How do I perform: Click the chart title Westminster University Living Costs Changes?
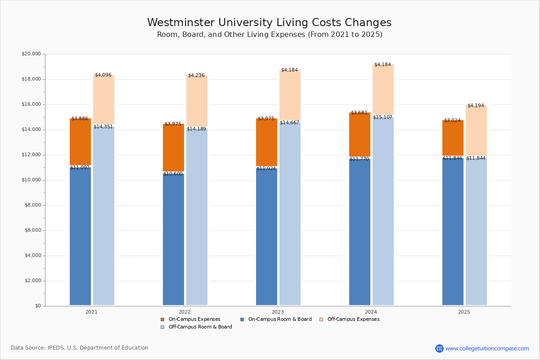269,23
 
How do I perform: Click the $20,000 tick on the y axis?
31,54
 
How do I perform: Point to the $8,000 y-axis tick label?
32,205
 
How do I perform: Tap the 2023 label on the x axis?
278,312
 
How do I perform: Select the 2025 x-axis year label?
464,312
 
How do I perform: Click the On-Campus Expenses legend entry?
194,319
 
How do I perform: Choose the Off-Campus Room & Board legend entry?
200,327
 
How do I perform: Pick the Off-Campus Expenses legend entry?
353,319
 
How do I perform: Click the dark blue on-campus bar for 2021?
80,236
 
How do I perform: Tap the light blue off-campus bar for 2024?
383,211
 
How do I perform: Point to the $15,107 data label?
382,117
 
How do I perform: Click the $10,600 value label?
173,174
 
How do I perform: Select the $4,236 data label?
196,76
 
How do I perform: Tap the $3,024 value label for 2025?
452,121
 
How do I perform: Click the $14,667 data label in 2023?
289,123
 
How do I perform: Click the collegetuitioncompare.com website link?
487,348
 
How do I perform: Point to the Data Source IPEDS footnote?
80,348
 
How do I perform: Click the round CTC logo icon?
439,348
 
